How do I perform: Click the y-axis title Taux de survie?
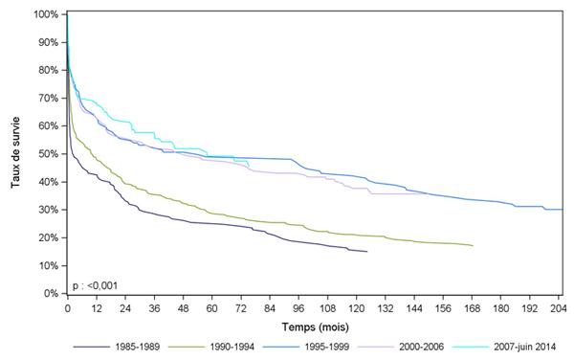tap(16, 153)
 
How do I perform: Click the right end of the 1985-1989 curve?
tap(367, 252)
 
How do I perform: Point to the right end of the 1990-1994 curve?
tap(473, 246)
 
